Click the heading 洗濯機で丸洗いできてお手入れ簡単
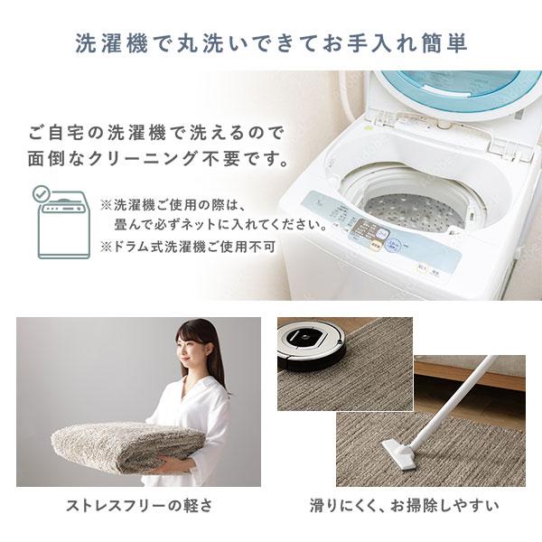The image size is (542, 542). click(271, 42)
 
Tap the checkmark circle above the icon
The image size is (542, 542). click(41, 193)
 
